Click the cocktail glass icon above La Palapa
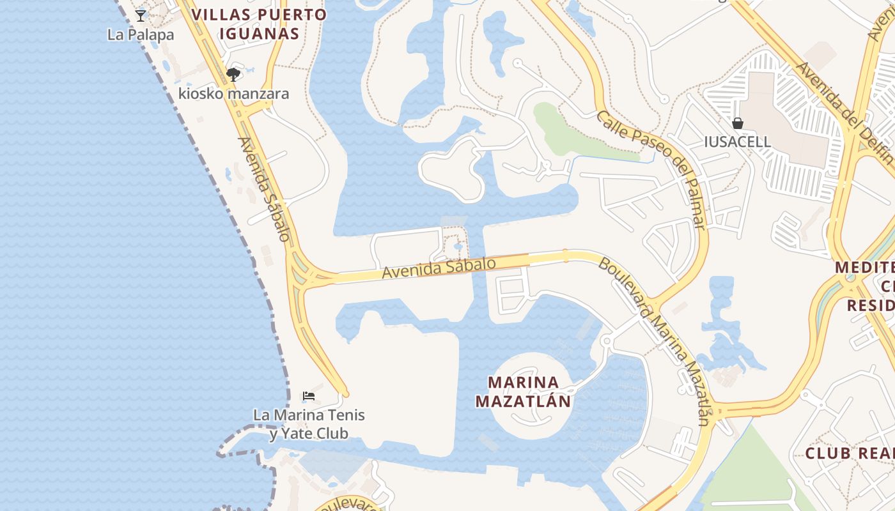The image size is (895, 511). click(141, 15)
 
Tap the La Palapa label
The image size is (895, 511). click(141, 34)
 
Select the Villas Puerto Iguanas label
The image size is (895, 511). click(260, 24)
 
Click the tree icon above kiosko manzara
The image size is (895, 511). click(233, 75)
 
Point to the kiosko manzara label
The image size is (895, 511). click(233, 94)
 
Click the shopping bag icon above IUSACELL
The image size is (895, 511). click(738, 123)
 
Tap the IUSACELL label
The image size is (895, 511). click(738, 142)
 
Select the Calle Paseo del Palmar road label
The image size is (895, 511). click(652, 169)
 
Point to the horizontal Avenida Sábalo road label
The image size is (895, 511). click(439, 268)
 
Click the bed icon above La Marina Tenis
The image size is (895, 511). click(309, 396)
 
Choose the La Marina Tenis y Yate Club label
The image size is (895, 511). click(309, 424)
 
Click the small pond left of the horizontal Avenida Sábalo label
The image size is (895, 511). click(458, 247)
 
